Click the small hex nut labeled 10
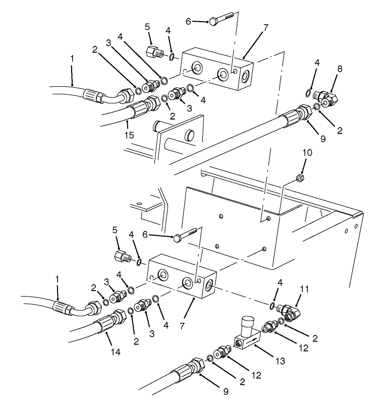pos(299,178)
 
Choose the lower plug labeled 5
pos(122,256)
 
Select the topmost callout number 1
pos(72,59)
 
